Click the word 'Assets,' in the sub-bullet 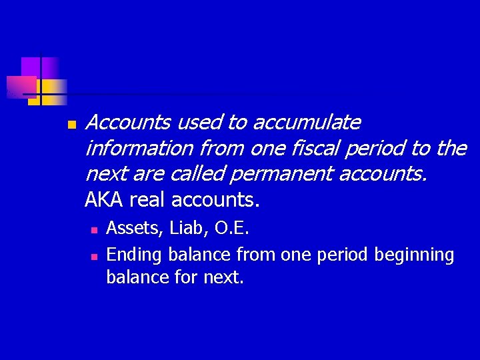135,229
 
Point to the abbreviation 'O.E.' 231,229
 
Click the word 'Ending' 135,255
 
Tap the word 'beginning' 414,255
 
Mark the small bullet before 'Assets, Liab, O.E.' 94,230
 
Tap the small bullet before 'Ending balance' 94,256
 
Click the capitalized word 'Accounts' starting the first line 129,123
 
